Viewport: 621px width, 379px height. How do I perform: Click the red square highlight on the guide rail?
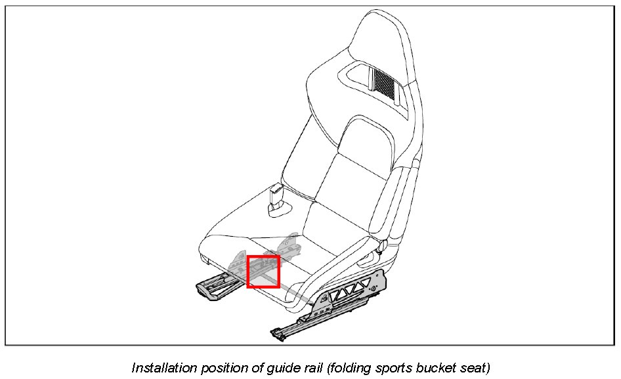pyautogui.click(x=263, y=271)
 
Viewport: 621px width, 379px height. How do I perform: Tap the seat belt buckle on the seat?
pyautogui.click(x=276, y=197)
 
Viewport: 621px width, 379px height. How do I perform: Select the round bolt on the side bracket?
pyautogui.click(x=374, y=288)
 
